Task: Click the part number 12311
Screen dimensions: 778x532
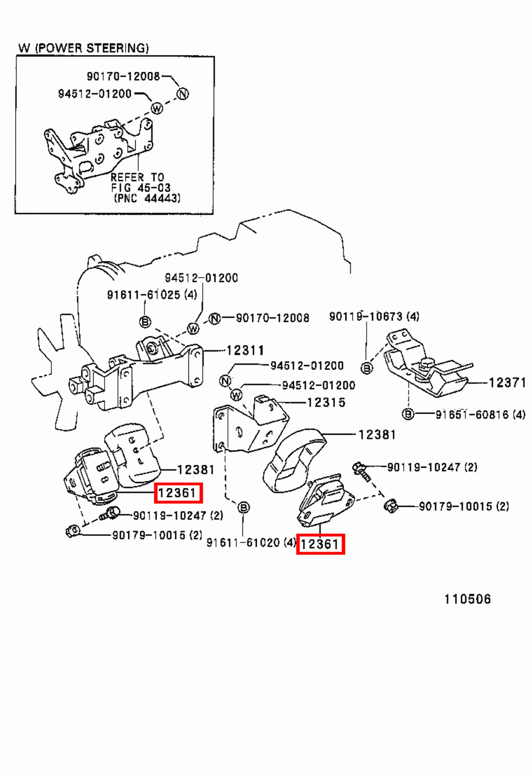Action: [245, 350]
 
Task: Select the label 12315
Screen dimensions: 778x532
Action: [326, 403]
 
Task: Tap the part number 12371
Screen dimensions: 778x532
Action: [507, 383]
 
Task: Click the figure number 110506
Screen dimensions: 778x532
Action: [467, 599]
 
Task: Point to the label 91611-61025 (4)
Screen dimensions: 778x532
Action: [152, 295]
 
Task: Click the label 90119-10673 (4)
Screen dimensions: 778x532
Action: [374, 317]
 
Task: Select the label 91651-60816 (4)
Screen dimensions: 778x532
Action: [480, 415]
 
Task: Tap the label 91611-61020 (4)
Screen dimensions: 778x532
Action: [251, 542]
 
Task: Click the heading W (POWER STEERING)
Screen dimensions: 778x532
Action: [84, 48]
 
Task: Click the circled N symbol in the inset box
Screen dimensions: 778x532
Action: [182, 93]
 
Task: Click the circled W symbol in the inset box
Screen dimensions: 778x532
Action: [157, 108]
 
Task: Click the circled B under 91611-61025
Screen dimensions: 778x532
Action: [145, 321]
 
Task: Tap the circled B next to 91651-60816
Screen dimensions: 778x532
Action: [408, 414]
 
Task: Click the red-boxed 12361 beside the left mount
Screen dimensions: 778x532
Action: [177, 493]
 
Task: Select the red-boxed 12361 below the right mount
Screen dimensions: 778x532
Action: [320, 544]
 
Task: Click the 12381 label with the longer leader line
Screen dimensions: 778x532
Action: [377, 435]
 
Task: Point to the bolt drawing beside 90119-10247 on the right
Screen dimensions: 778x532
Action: [361, 470]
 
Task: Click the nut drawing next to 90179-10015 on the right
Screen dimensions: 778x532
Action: [391, 506]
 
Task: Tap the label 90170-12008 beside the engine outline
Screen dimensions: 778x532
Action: [272, 318]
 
